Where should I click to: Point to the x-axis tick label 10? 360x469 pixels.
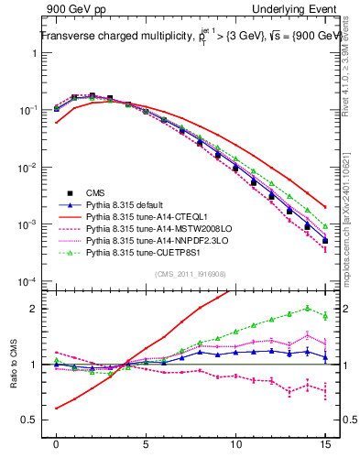point(235,442)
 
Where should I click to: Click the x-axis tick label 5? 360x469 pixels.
point(147,442)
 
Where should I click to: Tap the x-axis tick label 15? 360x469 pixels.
point(325,442)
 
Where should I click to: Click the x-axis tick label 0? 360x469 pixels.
point(57,442)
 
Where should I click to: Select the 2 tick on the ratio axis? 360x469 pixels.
point(35,309)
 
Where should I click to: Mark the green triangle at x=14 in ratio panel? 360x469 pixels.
point(307,308)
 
